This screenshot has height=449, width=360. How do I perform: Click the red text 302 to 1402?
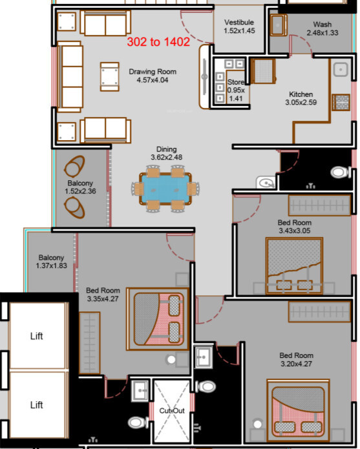point(158,42)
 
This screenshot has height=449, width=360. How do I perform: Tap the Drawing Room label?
point(153,76)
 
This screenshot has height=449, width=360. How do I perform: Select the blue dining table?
point(165,189)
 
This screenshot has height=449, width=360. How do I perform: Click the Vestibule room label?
point(239,26)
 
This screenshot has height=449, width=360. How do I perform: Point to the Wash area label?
point(323,28)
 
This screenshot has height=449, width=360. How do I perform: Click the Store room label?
point(236,90)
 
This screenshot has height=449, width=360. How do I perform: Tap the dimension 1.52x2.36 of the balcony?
point(80,191)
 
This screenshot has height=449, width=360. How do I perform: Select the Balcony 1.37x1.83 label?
point(51,262)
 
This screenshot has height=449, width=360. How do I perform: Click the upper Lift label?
point(37,336)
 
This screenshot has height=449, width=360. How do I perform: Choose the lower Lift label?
point(37,405)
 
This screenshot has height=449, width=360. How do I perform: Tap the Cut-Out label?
point(172,411)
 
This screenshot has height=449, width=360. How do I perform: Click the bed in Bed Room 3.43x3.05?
point(294,266)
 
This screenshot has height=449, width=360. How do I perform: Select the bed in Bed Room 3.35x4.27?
point(158,318)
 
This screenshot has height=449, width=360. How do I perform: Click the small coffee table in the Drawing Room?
point(110,77)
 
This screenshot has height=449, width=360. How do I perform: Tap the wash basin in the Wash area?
point(278,25)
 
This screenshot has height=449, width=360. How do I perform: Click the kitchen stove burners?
point(341,102)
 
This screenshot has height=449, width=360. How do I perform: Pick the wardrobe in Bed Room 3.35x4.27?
point(90,343)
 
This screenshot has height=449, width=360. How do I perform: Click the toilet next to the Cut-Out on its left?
point(138,423)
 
